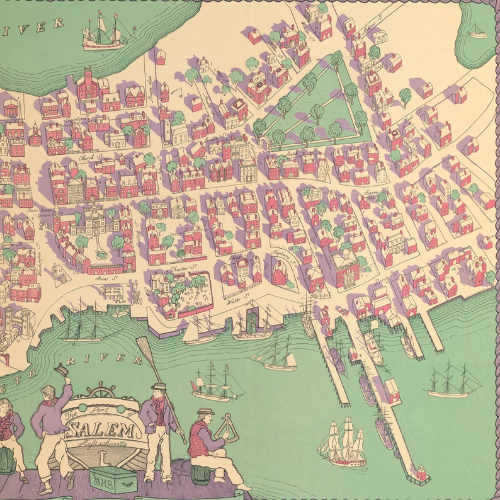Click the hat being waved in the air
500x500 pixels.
coord(60,370)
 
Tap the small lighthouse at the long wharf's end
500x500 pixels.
coord(421,472)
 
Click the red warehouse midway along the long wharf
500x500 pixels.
coord(392,390)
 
